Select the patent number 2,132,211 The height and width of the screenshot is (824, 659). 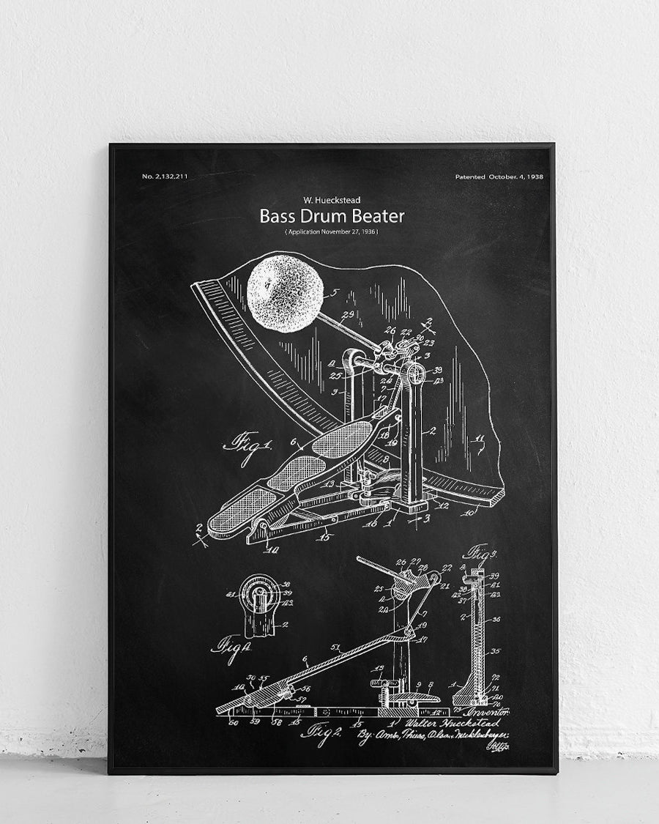click(165, 177)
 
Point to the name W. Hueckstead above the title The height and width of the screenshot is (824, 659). click(332, 199)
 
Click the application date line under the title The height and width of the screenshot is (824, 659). click(332, 231)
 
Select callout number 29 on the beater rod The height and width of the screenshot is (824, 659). click(348, 314)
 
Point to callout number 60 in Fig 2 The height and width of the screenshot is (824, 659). click(233, 722)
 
